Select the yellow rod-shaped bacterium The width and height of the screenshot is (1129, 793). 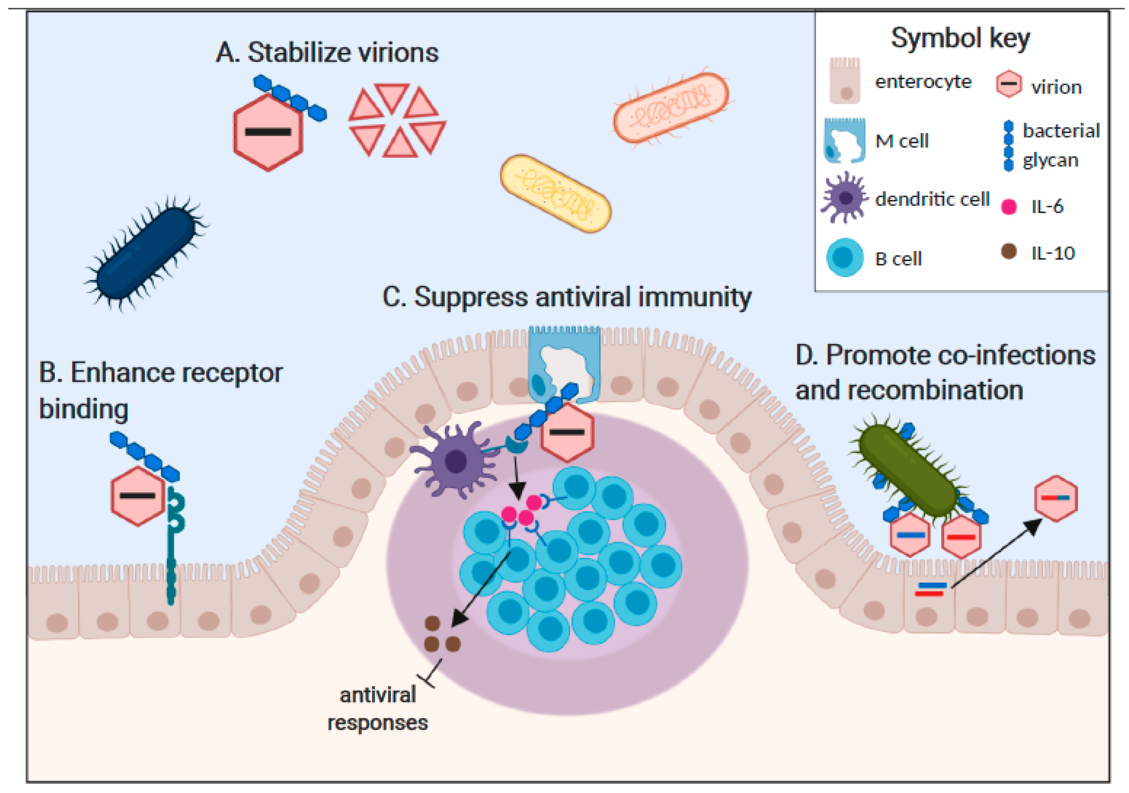(555, 193)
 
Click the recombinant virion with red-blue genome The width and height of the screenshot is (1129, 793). (1056, 498)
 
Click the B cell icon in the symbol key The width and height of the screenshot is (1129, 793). (844, 258)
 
